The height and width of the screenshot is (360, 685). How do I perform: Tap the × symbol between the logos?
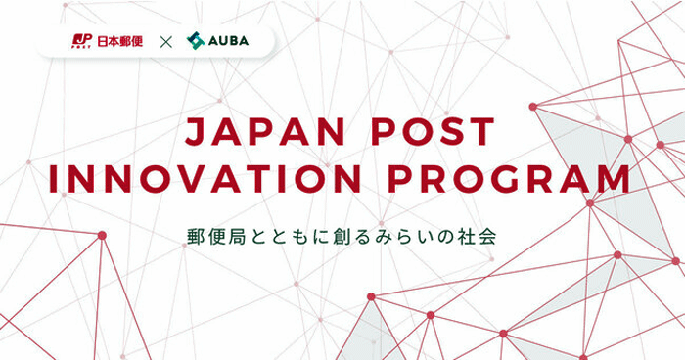(x=166, y=41)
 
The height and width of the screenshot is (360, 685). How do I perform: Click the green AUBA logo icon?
(x=195, y=41)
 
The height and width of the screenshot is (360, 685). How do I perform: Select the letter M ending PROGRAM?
(x=611, y=181)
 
